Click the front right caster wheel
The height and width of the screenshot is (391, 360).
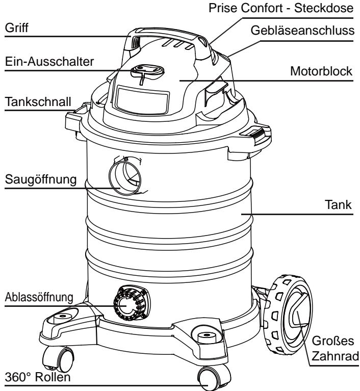click(x=207, y=379)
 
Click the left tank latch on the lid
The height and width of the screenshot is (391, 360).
click(x=76, y=117)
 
